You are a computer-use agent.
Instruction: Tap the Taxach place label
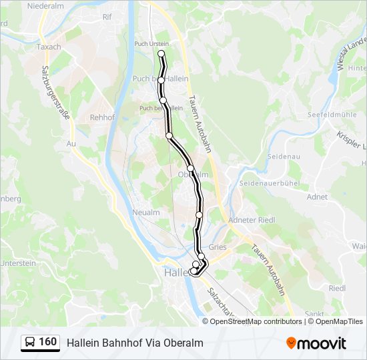tap(48, 47)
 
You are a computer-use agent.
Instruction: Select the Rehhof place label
tap(102, 117)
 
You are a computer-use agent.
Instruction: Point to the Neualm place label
tap(146, 211)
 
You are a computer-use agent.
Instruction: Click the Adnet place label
tap(317, 197)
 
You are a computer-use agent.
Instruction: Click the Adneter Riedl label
tap(252, 220)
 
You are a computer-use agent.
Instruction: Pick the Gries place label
tap(218, 247)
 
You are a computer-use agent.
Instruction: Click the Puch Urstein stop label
tap(151, 44)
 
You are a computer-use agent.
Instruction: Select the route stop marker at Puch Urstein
tap(161, 54)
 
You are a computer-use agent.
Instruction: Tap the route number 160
tap(48, 342)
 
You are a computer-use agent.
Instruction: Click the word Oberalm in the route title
tap(185, 343)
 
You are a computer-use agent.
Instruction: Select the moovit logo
tap(316, 343)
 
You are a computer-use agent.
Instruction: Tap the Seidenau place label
tap(262, 156)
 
